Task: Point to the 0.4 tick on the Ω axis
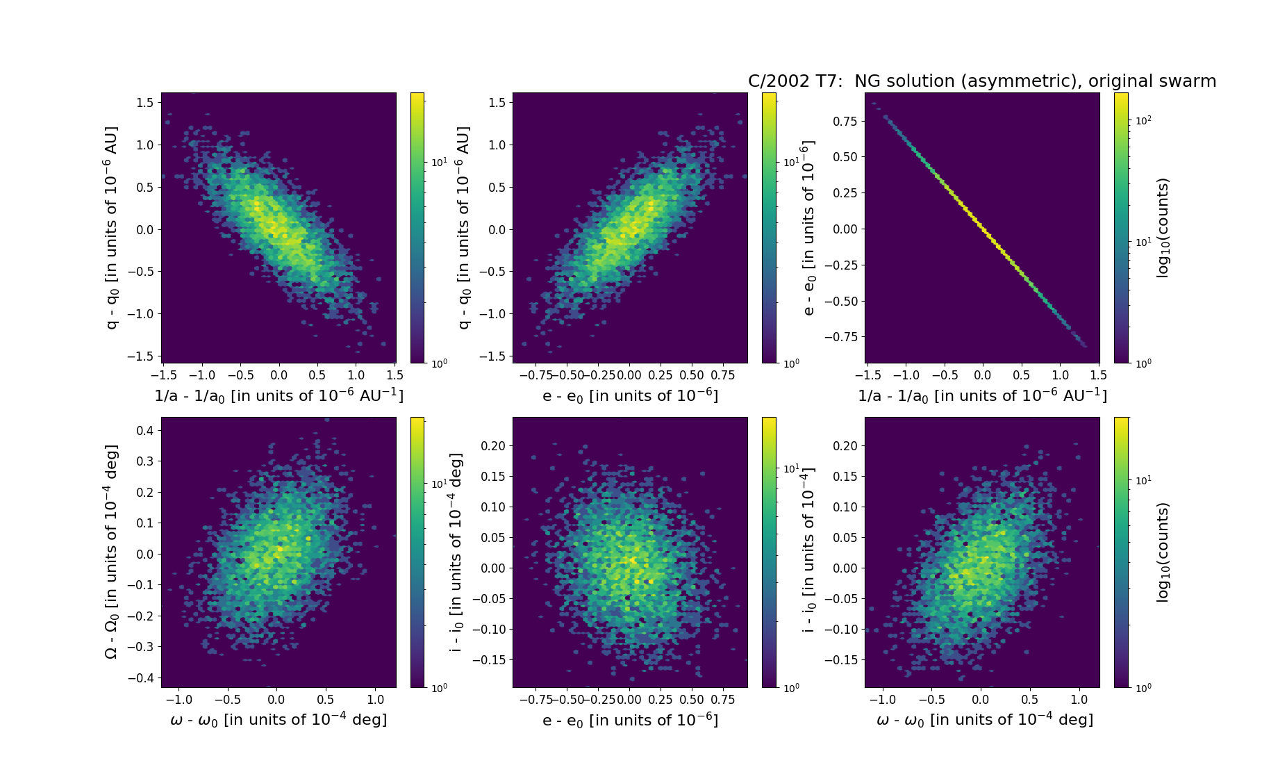coord(144,430)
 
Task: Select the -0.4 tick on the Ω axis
coord(141,677)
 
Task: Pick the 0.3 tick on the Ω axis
coord(144,461)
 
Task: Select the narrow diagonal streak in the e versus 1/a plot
coord(982,229)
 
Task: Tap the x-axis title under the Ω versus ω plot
coord(279,720)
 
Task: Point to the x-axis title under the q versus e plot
coord(630,395)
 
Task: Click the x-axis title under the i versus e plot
coord(630,720)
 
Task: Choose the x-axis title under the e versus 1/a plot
coord(982,395)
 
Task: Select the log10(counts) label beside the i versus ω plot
coord(1163,552)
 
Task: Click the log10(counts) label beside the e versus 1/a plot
coord(1163,228)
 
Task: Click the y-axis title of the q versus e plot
coord(463,228)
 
